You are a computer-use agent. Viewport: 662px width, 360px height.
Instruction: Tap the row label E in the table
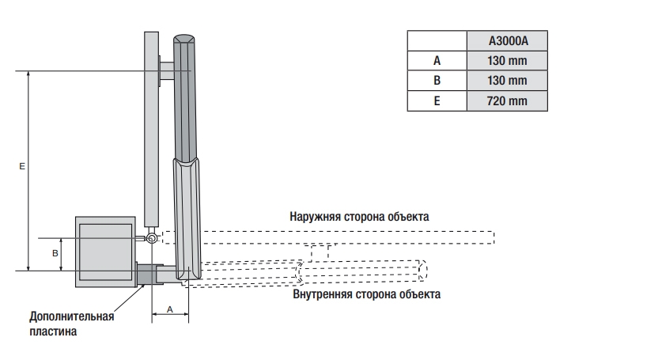point(437,101)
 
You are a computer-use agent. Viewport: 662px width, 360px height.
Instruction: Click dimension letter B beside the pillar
point(55,254)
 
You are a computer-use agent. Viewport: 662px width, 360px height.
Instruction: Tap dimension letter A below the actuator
point(169,310)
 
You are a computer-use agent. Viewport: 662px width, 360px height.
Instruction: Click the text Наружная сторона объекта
point(359,217)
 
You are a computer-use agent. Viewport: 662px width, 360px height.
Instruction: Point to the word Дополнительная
point(72,316)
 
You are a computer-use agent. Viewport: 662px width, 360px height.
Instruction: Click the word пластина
point(53,332)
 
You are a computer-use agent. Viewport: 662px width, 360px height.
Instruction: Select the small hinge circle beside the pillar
point(150,238)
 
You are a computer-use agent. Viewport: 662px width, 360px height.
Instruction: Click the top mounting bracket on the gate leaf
point(165,71)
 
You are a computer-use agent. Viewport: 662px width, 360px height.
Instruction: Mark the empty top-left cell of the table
point(437,42)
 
